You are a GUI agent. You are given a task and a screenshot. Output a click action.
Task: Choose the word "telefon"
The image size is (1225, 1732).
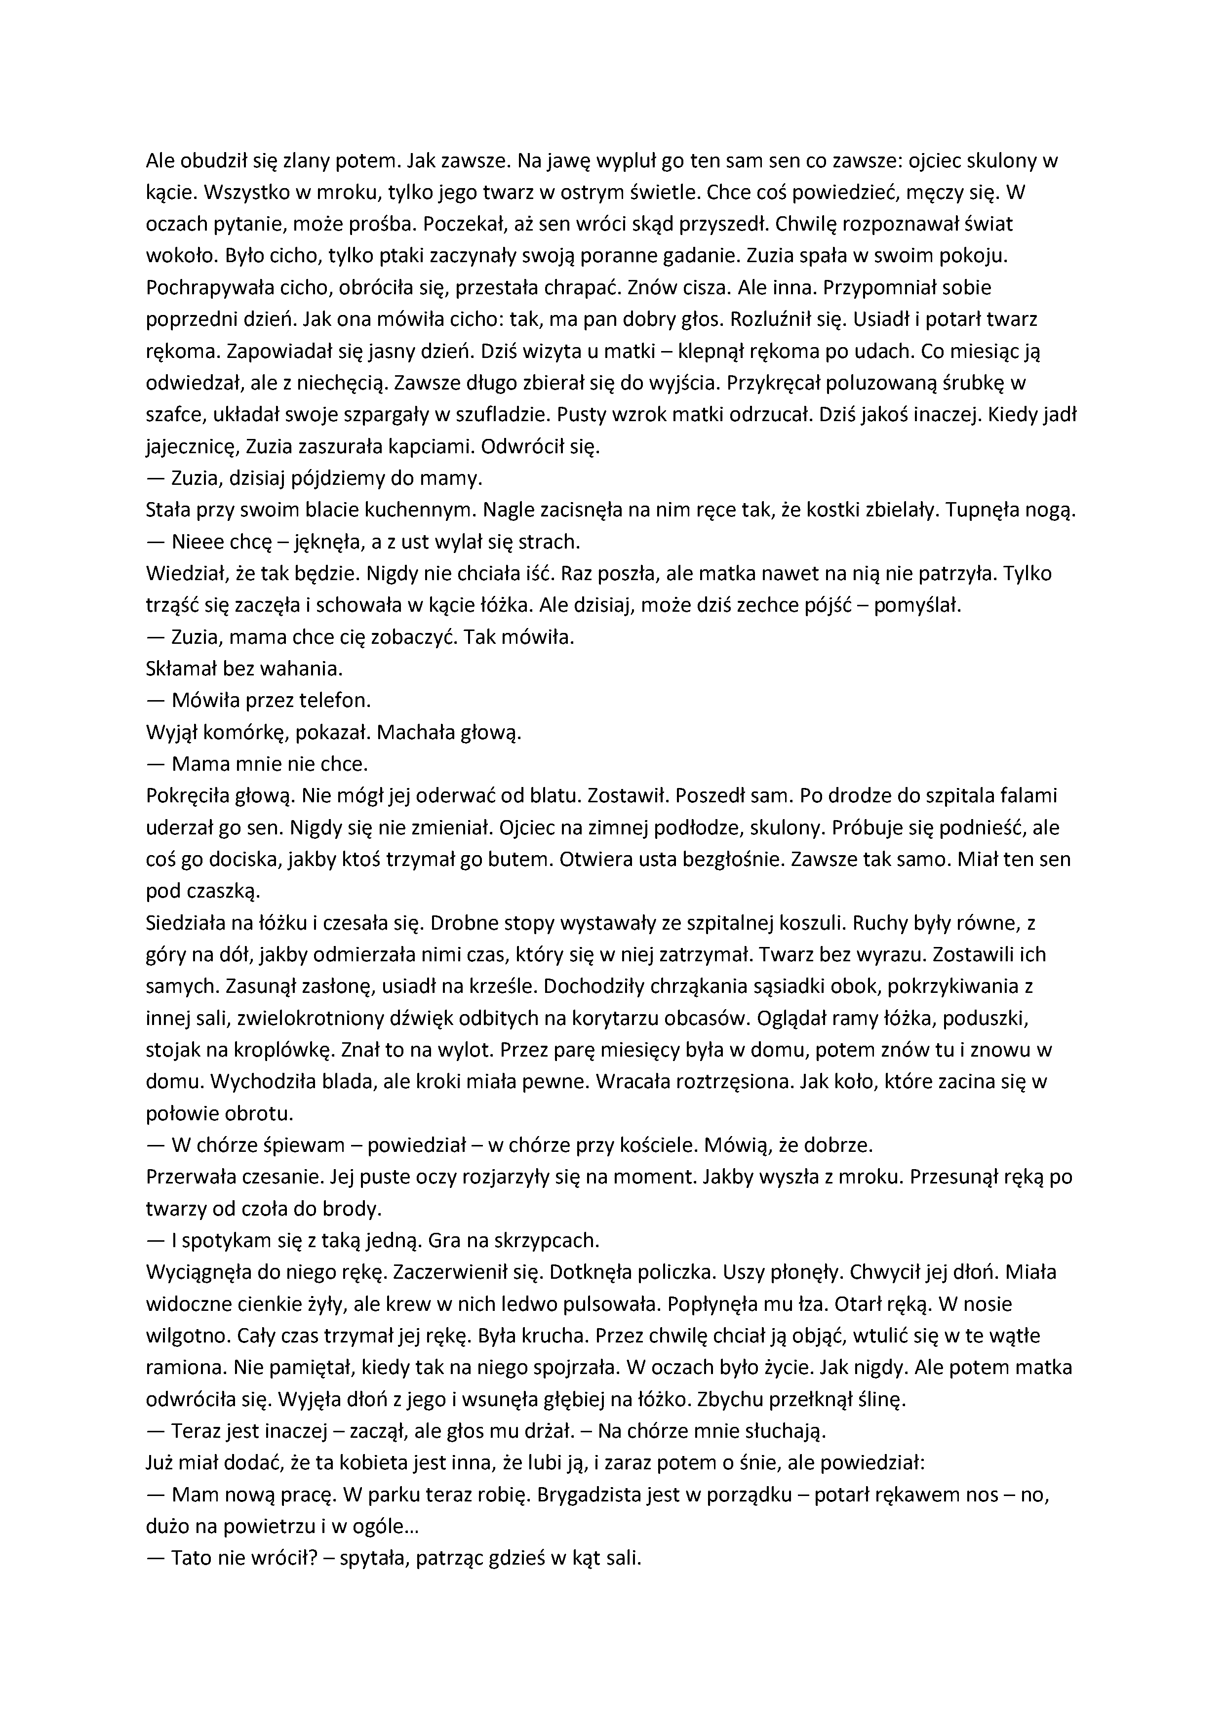tap(337, 700)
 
